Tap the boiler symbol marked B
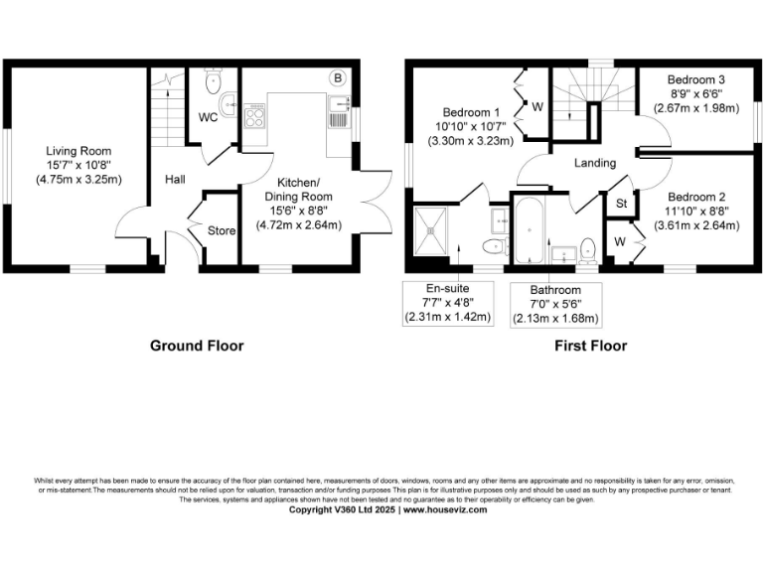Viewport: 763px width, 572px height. pyautogui.click(x=337, y=77)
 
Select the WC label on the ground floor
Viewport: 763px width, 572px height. pyautogui.click(x=209, y=117)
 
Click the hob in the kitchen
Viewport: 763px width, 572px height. pyautogui.click(x=254, y=117)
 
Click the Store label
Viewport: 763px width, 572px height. pyautogui.click(x=221, y=231)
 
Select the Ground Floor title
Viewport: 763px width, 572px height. pyautogui.click(x=197, y=346)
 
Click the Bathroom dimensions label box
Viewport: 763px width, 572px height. pyautogui.click(x=556, y=305)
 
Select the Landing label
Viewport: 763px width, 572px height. pyautogui.click(x=595, y=163)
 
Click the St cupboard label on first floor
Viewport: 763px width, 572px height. pyautogui.click(x=622, y=205)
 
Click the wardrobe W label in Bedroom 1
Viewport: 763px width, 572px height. pyautogui.click(x=536, y=107)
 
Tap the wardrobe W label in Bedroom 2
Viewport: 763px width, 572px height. pyautogui.click(x=619, y=241)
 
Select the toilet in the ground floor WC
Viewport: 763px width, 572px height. pyautogui.click(x=214, y=77)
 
